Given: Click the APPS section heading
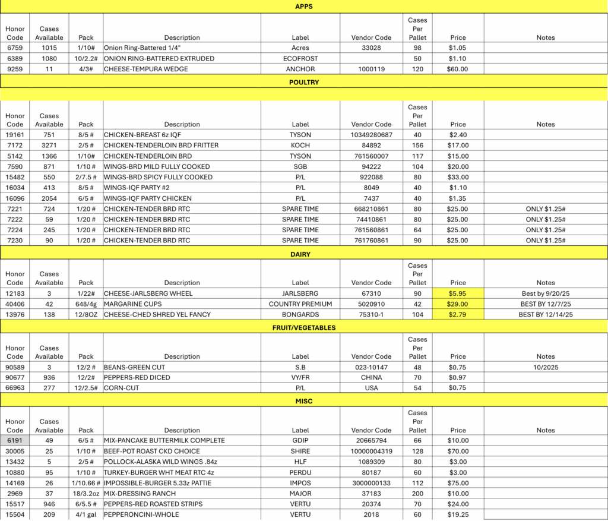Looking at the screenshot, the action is (303, 6).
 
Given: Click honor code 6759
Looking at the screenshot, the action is (15, 48).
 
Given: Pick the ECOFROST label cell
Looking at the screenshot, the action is (300, 59).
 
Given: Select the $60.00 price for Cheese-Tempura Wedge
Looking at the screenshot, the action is (458, 70).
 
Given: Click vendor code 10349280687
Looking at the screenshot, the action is (371, 135).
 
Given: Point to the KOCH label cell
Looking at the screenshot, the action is (300, 146).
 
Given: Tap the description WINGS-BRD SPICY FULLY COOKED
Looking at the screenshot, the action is (158, 177).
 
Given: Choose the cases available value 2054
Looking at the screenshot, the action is (49, 198).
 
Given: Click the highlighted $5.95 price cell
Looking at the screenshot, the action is (458, 293).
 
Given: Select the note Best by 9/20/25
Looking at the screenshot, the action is (545, 293).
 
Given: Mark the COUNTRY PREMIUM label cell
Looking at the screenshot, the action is (300, 304).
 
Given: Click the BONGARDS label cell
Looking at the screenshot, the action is (300, 315).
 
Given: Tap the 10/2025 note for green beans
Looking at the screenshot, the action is (545, 367).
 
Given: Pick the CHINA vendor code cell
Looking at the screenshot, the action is (371, 378).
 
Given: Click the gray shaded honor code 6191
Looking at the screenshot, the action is (15, 441).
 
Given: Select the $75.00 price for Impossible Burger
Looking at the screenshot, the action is (458, 483).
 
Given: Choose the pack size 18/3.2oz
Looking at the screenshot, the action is (86, 494).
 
